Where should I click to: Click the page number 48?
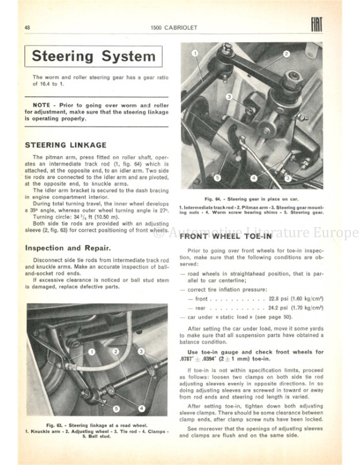point(27,28)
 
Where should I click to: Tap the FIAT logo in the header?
point(317,25)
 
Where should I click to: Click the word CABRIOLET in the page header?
point(182,28)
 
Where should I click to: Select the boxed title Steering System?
point(94,56)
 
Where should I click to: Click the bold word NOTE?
point(42,105)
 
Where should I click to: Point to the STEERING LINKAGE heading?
point(66,145)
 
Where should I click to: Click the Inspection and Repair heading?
point(67,248)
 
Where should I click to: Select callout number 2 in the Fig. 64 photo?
point(286,54)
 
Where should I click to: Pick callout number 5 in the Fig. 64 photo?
point(218,178)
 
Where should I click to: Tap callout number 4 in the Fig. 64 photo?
point(254,178)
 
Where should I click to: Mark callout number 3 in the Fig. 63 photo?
point(141,352)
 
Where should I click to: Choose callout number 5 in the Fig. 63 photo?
point(117,408)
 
